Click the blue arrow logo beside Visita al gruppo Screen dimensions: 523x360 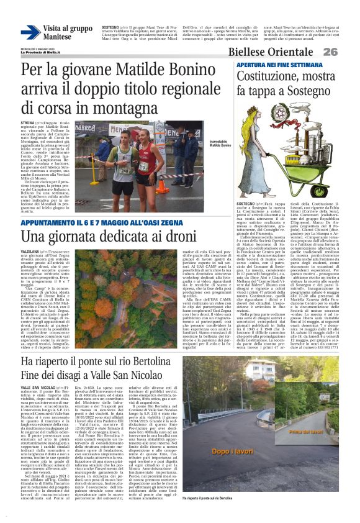[30, 32]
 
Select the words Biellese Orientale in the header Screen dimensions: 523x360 [282, 52]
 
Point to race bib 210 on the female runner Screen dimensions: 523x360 [143, 166]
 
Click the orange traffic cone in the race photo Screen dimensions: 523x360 [163, 185]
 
